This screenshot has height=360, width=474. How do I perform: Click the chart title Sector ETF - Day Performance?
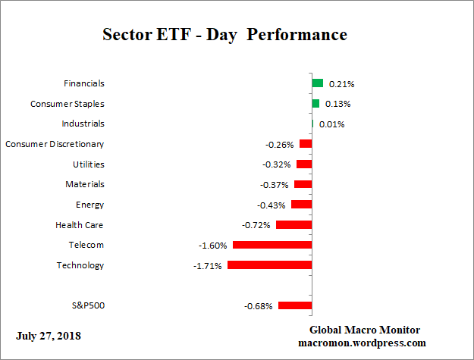click(x=224, y=35)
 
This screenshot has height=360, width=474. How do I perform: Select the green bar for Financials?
click(x=317, y=83)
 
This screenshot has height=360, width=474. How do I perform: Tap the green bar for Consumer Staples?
click(x=315, y=104)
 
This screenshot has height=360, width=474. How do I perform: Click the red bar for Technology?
click(x=269, y=265)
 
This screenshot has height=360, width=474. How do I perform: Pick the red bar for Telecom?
click(x=272, y=245)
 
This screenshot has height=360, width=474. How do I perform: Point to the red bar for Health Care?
click(x=294, y=225)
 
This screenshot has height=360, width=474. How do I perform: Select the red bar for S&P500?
click(x=295, y=305)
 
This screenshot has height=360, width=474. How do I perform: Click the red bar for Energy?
click(x=301, y=205)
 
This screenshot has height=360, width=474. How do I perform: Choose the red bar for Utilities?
click(x=304, y=164)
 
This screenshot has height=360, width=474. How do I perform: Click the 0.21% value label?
click(x=341, y=84)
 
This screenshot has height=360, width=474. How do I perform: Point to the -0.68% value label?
click(x=258, y=306)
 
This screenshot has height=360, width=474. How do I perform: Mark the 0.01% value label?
click(x=331, y=124)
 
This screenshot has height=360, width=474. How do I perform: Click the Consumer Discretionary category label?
click(x=55, y=144)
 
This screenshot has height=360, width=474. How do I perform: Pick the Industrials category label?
click(x=83, y=124)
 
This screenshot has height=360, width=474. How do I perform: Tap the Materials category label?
click(x=85, y=184)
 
